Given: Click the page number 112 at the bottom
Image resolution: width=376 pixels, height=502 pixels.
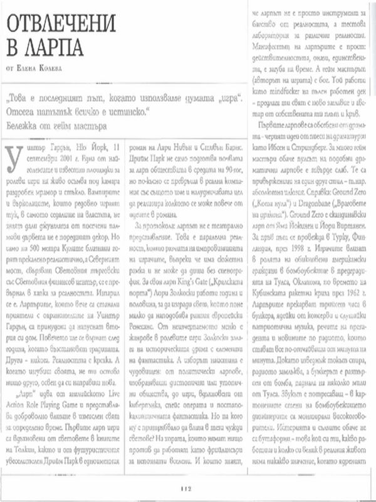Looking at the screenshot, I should click(x=185, y=489).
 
